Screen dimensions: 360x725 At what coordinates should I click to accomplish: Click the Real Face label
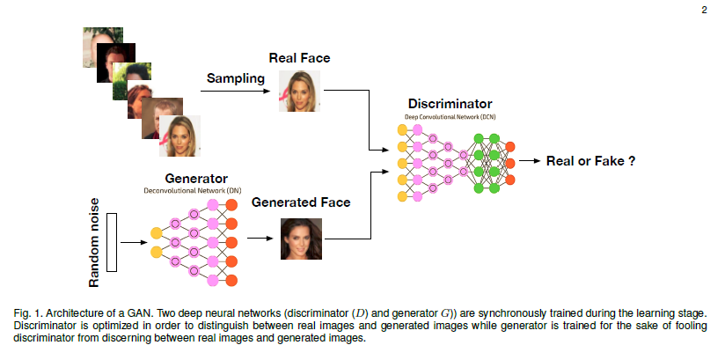point(299,58)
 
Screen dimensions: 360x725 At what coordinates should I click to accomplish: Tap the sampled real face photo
point(299,91)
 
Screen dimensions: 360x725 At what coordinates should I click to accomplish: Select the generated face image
point(299,238)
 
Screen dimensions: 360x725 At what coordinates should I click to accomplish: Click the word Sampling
point(236,79)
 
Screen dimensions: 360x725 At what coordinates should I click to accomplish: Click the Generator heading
point(194,178)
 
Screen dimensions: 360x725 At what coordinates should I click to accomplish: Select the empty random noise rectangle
point(112,242)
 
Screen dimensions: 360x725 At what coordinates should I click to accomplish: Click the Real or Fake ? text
point(590,161)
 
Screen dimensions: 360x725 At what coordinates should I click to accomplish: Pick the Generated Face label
point(301,202)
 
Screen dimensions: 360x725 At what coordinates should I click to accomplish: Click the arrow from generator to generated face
point(260,238)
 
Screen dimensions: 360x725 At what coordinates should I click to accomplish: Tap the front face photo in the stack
point(182,136)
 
